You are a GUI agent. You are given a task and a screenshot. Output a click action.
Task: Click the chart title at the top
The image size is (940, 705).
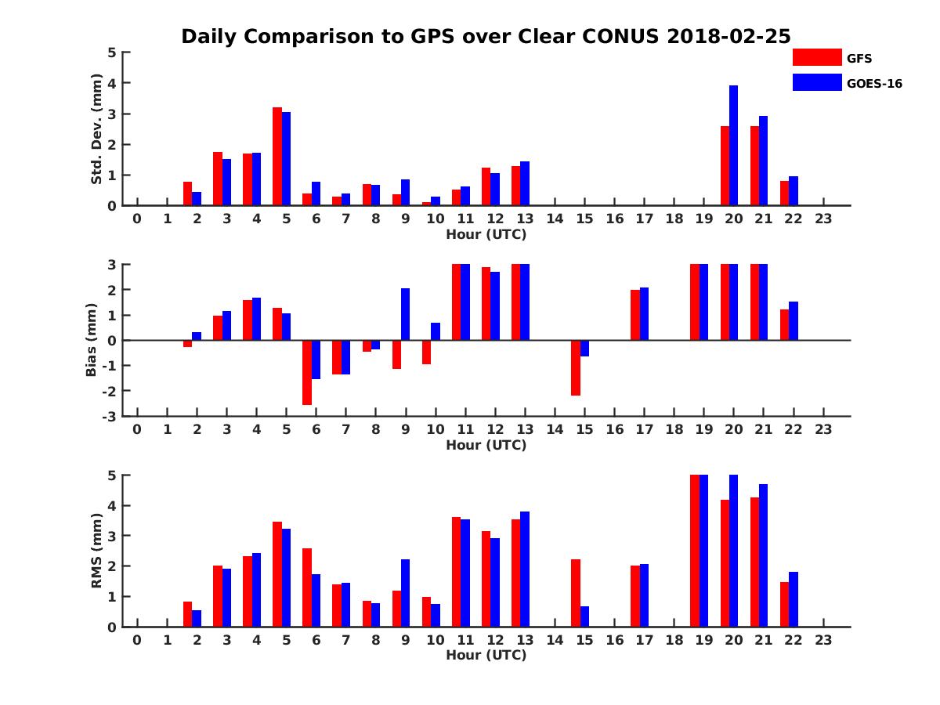(486, 37)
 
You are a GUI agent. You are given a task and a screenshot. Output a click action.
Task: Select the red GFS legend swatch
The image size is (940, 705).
(816, 57)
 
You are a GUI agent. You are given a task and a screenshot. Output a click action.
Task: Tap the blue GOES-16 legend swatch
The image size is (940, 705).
(816, 82)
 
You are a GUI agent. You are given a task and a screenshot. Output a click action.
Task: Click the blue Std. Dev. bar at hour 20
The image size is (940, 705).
(734, 146)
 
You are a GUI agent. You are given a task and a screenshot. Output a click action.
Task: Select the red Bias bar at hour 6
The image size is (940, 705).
(307, 372)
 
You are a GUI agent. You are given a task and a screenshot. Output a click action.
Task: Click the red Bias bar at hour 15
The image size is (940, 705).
(576, 367)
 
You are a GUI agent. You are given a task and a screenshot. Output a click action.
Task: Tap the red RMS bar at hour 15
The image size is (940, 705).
(576, 593)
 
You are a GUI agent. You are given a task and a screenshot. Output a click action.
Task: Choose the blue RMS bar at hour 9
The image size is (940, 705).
(405, 593)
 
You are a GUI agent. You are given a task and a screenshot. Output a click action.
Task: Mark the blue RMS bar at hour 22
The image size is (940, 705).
(794, 599)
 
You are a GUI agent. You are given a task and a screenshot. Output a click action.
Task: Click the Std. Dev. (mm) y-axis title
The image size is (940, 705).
(97, 129)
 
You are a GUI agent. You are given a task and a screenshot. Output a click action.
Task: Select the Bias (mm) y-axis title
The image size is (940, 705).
(92, 340)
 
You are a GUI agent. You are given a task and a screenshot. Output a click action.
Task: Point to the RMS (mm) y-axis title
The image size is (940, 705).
(97, 551)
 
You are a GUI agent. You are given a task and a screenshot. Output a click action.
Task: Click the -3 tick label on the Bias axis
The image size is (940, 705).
(111, 416)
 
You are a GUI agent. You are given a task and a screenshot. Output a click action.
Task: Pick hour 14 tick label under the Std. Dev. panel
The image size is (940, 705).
(555, 219)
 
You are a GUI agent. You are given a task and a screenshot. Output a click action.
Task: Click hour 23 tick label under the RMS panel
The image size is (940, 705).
(823, 640)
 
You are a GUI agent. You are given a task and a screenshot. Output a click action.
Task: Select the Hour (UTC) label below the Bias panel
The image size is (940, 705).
(486, 445)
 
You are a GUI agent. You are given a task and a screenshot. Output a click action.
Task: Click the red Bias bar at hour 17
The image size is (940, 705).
(635, 315)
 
